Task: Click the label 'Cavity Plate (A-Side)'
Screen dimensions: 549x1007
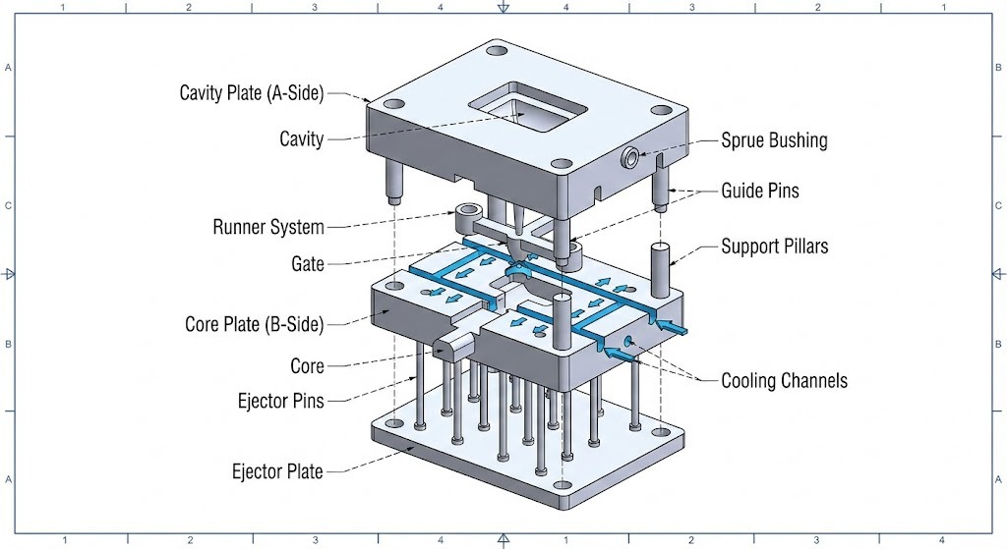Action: point(251,93)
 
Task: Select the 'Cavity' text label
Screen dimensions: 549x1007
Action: point(301,139)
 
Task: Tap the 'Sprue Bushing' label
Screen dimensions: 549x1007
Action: point(774,139)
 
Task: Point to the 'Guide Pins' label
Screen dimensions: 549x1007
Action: point(759,191)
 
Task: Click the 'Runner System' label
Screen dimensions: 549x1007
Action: point(268,228)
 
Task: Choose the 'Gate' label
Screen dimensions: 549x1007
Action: point(307,264)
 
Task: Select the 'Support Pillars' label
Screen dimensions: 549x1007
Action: point(774,246)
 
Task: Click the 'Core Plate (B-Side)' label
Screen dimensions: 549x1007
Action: point(254,324)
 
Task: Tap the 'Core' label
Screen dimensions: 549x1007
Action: point(307,366)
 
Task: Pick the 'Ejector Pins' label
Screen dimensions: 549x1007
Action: point(280,401)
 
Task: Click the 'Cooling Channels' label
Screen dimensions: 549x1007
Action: point(784,381)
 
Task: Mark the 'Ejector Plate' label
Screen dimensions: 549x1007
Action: point(277,471)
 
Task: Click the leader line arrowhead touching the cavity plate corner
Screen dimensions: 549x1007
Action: point(367,99)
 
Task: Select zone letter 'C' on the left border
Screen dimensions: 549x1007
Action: point(8,206)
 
